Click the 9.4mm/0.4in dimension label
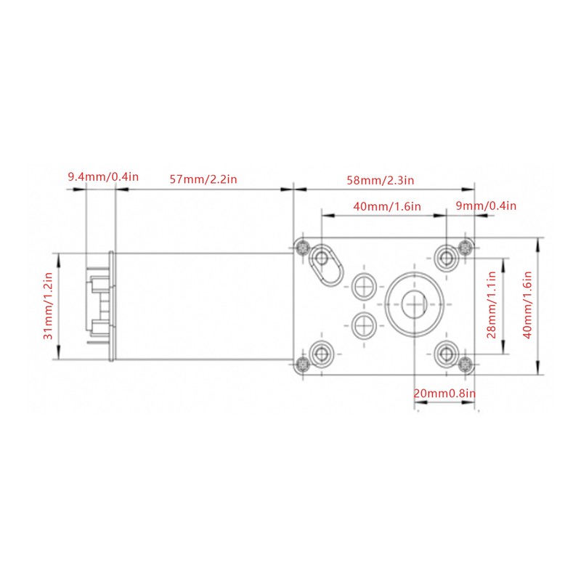(103, 176)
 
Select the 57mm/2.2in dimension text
(203, 179)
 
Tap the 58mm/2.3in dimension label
(380, 180)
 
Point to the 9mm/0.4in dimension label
(486, 206)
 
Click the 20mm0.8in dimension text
(444, 393)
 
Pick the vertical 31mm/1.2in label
(49, 306)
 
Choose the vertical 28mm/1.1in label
(492, 304)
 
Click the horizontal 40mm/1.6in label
(387, 206)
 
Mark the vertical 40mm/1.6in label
(527, 304)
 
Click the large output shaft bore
(414, 304)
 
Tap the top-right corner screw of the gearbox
(466, 247)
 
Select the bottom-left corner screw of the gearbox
(303, 365)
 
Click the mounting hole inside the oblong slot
(321, 258)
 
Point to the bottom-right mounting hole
(447, 354)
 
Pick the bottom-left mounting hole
(321, 354)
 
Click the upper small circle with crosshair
(364, 286)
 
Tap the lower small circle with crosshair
(364, 325)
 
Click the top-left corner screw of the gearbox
(303, 247)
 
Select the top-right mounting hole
(447, 257)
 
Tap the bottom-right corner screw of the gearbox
(466, 365)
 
